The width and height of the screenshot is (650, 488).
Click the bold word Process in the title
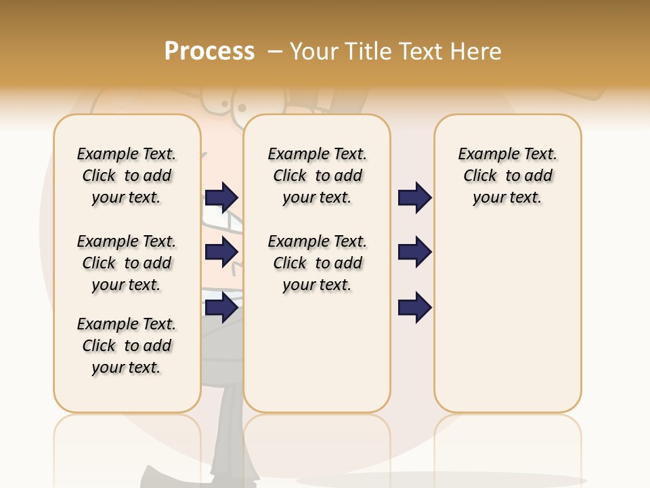pos(209,52)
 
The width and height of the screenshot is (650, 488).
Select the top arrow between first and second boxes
pos(221,198)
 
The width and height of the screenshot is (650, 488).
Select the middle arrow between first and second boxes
pos(221,252)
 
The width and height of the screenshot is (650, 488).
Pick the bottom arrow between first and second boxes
pos(221,308)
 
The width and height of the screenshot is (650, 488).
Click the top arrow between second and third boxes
pos(414,198)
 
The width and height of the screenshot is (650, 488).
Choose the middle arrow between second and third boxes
pos(414,252)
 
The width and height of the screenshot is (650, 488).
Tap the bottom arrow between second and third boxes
pos(414,308)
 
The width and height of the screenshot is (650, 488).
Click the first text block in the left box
pos(127,176)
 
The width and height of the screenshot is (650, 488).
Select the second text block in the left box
pos(127,263)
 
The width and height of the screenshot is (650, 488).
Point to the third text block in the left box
pos(127,346)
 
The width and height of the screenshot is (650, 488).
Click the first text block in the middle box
pos(318,176)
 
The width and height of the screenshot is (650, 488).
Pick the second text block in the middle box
pos(318,263)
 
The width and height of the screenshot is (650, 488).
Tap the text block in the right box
pos(508,176)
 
